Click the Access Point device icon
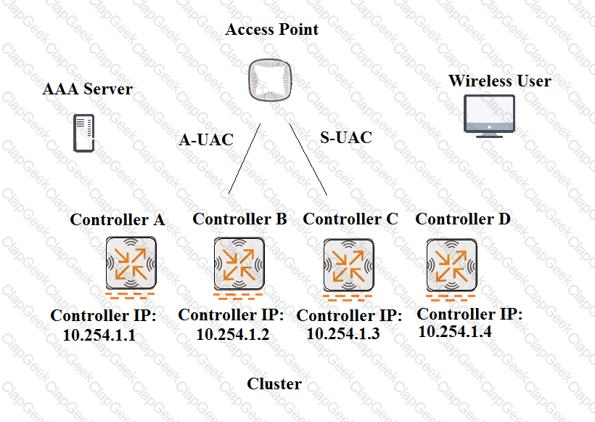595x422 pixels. (x=270, y=80)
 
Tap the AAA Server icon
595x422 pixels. (x=83, y=133)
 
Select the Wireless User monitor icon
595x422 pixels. (x=489, y=116)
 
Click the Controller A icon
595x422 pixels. (x=131, y=263)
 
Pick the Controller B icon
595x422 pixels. (x=239, y=264)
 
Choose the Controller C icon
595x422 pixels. (x=349, y=265)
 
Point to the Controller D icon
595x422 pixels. (x=451, y=265)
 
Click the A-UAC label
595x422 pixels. (x=206, y=139)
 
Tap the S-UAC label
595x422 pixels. (x=346, y=137)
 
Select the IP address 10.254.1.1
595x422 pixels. (x=99, y=335)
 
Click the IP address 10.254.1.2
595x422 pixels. (x=233, y=334)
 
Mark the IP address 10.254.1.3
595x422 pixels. (x=343, y=333)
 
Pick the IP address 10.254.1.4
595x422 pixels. (x=455, y=332)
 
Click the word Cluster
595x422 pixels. (x=274, y=384)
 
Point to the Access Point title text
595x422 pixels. (x=271, y=29)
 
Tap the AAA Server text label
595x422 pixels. (x=88, y=89)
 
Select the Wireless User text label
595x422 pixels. (x=500, y=81)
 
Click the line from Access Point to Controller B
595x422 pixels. (x=245, y=159)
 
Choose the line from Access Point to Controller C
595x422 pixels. (x=308, y=159)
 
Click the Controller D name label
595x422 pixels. (x=463, y=219)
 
